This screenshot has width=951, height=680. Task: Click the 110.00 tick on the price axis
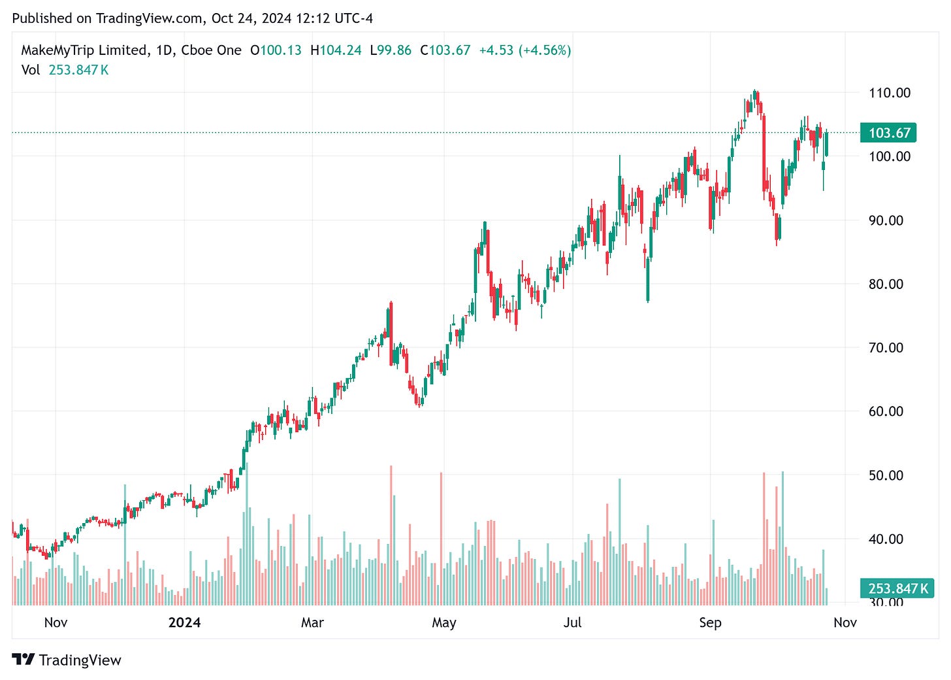tap(889, 93)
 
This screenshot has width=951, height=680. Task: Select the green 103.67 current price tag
tap(889, 133)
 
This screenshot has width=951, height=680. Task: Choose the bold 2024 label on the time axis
tap(184, 622)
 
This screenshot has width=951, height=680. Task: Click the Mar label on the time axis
tap(312, 622)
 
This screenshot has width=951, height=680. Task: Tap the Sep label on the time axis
tap(710, 622)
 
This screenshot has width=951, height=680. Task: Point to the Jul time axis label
tap(572, 622)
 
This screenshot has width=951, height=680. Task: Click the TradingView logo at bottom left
tap(67, 660)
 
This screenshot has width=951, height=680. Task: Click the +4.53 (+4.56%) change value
tap(525, 50)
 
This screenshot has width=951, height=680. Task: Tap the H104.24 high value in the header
tap(336, 50)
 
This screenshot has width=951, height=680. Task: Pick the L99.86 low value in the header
tap(391, 50)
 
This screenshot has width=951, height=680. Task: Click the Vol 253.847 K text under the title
tap(65, 70)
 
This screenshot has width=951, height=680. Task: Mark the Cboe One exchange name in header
tap(211, 50)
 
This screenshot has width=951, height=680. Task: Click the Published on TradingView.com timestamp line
tap(193, 18)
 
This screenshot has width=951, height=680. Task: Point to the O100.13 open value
tap(276, 50)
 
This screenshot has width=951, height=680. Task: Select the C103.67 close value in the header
tap(445, 50)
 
